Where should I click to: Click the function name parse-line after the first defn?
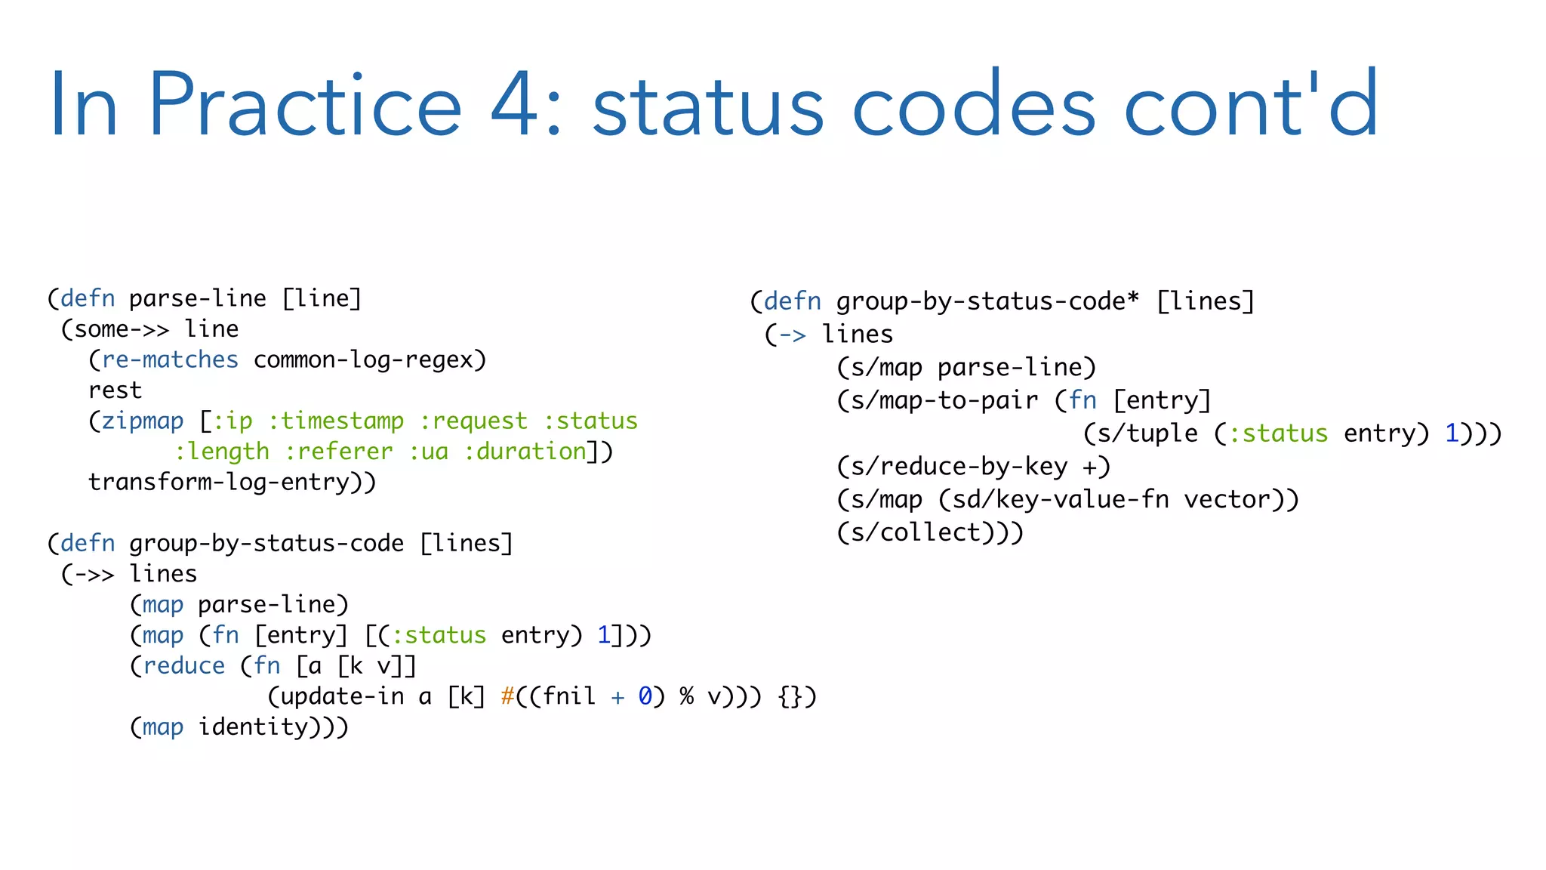pyautogui.click(x=198, y=299)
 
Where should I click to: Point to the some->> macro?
pyautogui.click(x=122, y=329)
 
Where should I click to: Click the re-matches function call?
pyautogui.click(x=170, y=360)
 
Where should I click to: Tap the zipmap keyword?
pyautogui.click(x=143, y=421)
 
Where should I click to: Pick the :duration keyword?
pyautogui.click(x=525, y=452)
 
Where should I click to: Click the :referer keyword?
pyautogui.click(x=339, y=452)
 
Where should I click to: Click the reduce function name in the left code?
pyautogui.click(x=184, y=666)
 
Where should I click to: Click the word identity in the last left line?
pyautogui.click(x=253, y=727)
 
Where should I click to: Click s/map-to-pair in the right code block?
pyautogui.click(x=944, y=401)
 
